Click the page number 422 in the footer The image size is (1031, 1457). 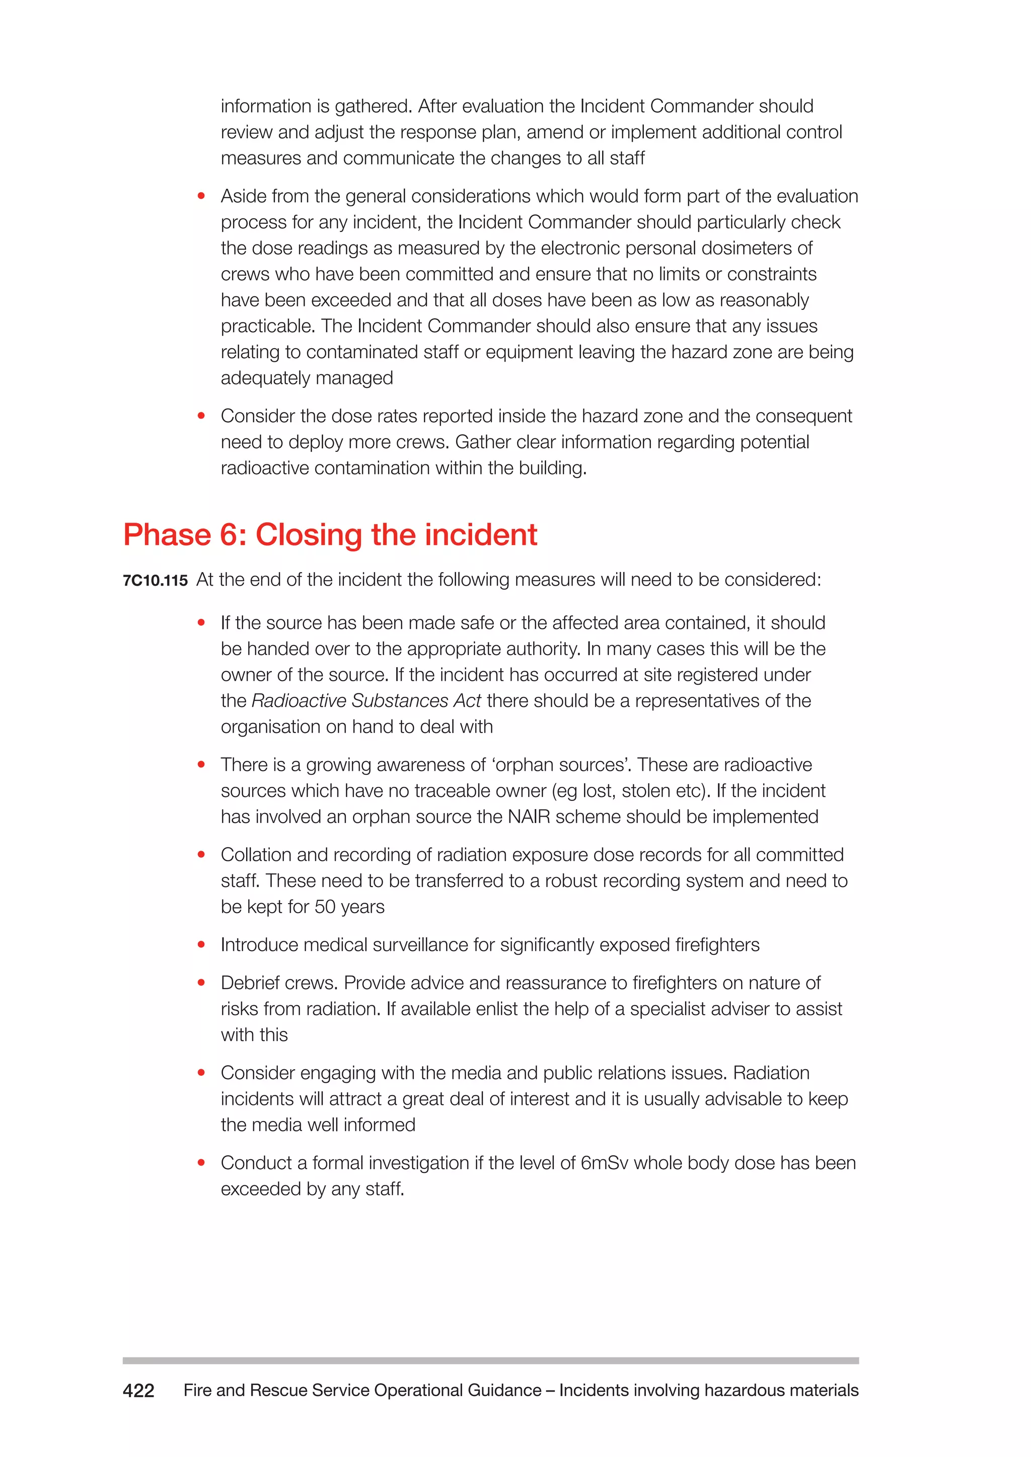coord(138,1391)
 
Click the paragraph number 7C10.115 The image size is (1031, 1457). coord(155,581)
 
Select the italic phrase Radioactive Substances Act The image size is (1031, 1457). coord(366,701)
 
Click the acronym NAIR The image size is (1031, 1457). coord(530,817)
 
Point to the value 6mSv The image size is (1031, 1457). coord(605,1163)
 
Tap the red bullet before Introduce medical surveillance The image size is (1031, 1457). coord(201,945)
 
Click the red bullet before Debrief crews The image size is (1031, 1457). coord(201,983)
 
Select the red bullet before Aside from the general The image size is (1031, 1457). coord(201,196)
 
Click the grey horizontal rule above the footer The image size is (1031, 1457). coord(490,1360)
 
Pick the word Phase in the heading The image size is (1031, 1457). coord(166,534)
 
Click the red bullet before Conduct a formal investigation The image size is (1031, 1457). coord(201,1163)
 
